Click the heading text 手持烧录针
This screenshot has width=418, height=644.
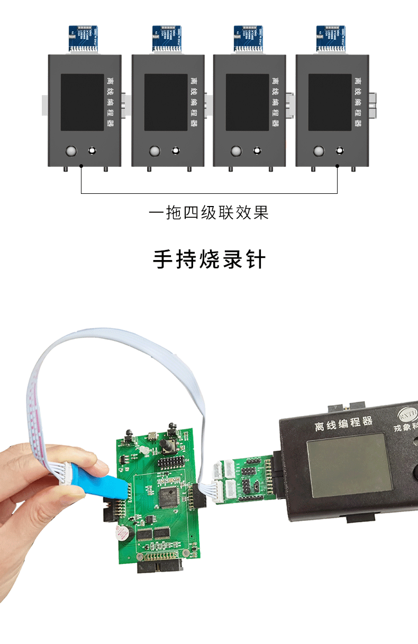[x=209, y=260]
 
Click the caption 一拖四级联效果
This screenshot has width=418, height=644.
[x=209, y=213]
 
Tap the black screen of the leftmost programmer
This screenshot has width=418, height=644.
[x=82, y=102]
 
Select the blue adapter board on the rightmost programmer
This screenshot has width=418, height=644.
[x=331, y=38]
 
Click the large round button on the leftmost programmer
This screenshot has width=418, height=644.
[x=70, y=151]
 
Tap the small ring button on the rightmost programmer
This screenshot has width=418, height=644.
[x=340, y=151]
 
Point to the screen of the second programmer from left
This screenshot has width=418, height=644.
[x=166, y=102]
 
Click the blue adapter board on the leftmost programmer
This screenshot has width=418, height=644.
[x=84, y=38]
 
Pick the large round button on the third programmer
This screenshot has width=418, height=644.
[x=237, y=151]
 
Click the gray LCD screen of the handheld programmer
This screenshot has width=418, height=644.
[x=350, y=464]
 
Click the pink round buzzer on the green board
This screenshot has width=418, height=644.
[x=123, y=532]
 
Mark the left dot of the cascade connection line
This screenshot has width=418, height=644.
[x=81, y=166]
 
